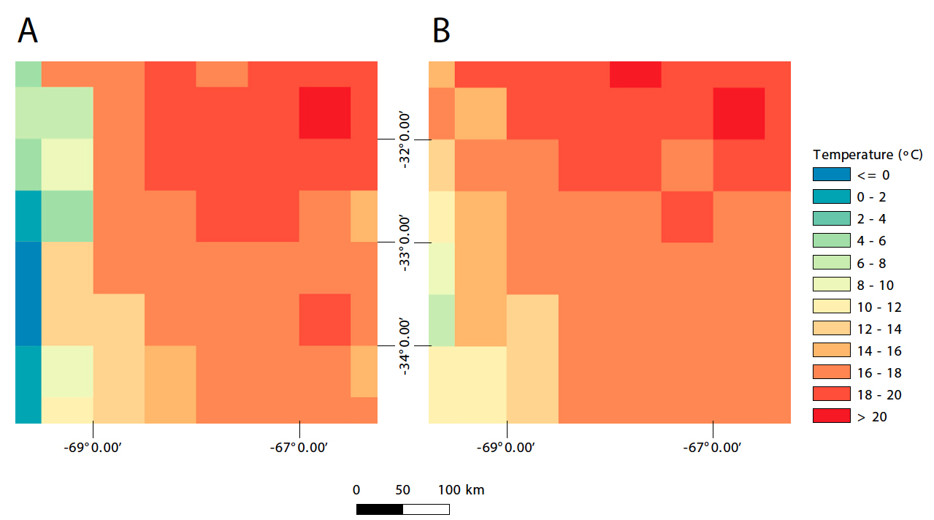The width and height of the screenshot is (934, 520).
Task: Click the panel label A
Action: pyautogui.click(x=28, y=31)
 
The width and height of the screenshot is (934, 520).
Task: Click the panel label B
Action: pyautogui.click(x=441, y=31)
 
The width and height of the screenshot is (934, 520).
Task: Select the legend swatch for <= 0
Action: pyautogui.click(x=831, y=175)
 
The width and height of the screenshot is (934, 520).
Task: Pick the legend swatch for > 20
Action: pyautogui.click(x=831, y=416)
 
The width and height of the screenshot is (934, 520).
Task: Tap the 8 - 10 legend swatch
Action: pyautogui.click(x=831, y=285)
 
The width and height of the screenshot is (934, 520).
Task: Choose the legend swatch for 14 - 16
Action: pyautogui.click(x=831, y=351)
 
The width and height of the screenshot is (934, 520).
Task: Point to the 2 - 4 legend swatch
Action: pyautogui.click(x=831, y=218)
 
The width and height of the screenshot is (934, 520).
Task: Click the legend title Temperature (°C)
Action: pyautogui.click(x=868, y=154)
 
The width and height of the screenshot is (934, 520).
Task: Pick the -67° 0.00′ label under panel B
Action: pyautogui.click(x=713, y=447)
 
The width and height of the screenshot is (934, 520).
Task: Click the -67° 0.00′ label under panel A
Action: pyautogui.click(x=299, y=447)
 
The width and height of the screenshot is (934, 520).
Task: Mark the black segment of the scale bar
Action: pyautogui.click(x=379, y=509)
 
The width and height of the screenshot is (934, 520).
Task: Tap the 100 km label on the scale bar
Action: pyautogui.click(x=461, y=489)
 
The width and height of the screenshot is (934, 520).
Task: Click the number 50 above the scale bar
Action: pyautogui.click(x=402, y=489)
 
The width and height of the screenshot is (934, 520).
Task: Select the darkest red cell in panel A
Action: pyautogui.click(x=325, y=112)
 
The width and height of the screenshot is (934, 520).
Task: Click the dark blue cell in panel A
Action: pyautogui.click(x=28, y=293)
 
